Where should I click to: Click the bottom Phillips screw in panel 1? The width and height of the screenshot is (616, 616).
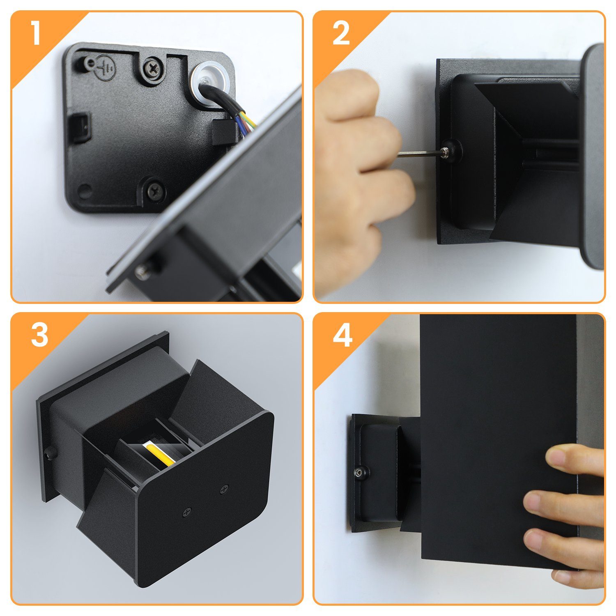coord(156,190)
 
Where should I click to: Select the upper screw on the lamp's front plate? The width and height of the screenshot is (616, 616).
coord(224,489)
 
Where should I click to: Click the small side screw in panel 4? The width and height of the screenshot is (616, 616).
coord(360,473)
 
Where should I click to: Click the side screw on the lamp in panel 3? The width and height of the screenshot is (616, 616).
coord(51,453)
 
